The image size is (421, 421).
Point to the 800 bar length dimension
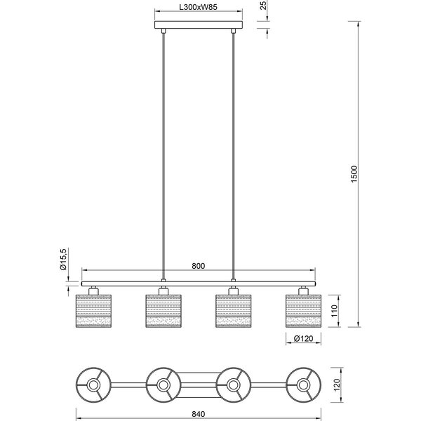click(198, 266)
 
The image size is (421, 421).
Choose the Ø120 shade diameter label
click(305, 339)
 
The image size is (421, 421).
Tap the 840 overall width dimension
click(198, 413)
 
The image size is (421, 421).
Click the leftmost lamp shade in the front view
click(93, 309)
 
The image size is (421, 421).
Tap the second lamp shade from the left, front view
click(163, 309)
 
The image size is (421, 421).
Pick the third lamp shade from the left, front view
click(234, 309)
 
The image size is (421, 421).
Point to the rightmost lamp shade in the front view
click(304, 309)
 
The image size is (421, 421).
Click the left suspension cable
click(163, 154)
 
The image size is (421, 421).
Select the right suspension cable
click(234, 154)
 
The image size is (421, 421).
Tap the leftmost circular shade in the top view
click(93, 385)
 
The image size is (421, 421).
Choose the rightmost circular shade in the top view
click(304, 385)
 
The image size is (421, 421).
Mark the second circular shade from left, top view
click(163, 385)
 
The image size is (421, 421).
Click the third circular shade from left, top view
click(234, 385)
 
